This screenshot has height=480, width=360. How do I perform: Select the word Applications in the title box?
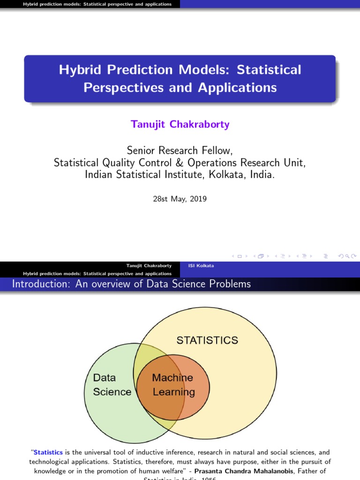coord(237,88)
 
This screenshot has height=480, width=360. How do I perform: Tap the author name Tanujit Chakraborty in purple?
coord(180,124)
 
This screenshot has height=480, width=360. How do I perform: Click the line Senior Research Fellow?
coord(180,150)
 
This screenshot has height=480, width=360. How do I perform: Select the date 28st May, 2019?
coord(180,199)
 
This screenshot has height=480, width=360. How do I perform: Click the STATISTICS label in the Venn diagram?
coord(207,340)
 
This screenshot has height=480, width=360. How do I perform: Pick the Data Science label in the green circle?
coord(112,385)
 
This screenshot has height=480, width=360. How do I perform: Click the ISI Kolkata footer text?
coord(201,266)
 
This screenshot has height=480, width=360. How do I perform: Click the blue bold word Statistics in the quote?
coord(48,452)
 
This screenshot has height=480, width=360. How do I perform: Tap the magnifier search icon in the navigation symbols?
coord(347,256)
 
